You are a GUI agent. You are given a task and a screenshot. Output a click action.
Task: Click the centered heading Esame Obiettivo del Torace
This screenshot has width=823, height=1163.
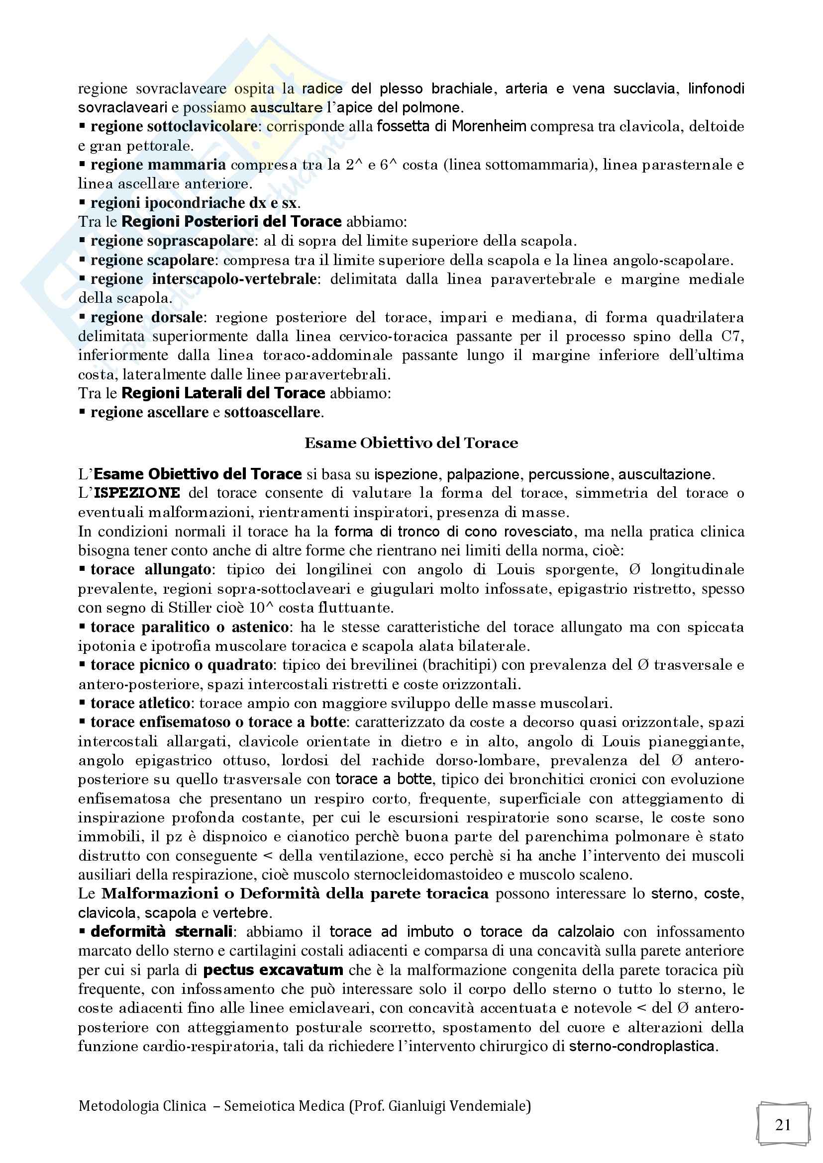point(411,443)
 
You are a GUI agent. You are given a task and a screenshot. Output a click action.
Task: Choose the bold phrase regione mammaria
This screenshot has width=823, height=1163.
point(158,165)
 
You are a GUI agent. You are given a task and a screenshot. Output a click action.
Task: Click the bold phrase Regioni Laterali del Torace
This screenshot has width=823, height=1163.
point(223,394)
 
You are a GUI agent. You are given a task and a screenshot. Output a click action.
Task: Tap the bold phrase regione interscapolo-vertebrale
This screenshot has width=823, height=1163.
point(204,279)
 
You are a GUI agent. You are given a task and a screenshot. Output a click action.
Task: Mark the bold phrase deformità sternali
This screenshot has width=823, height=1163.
point(162,932)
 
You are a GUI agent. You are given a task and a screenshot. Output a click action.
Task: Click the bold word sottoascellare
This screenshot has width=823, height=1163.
point(272,412)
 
